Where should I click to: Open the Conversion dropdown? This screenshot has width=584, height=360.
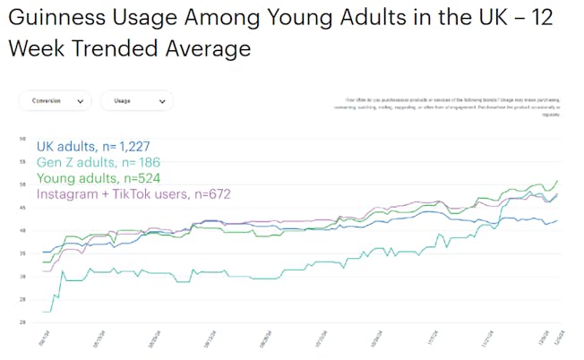54,101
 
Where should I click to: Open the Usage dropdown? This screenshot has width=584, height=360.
135,101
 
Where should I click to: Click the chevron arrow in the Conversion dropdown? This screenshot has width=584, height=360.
81,102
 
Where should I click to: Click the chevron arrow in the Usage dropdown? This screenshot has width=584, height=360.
162,102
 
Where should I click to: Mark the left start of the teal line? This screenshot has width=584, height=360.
44,312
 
